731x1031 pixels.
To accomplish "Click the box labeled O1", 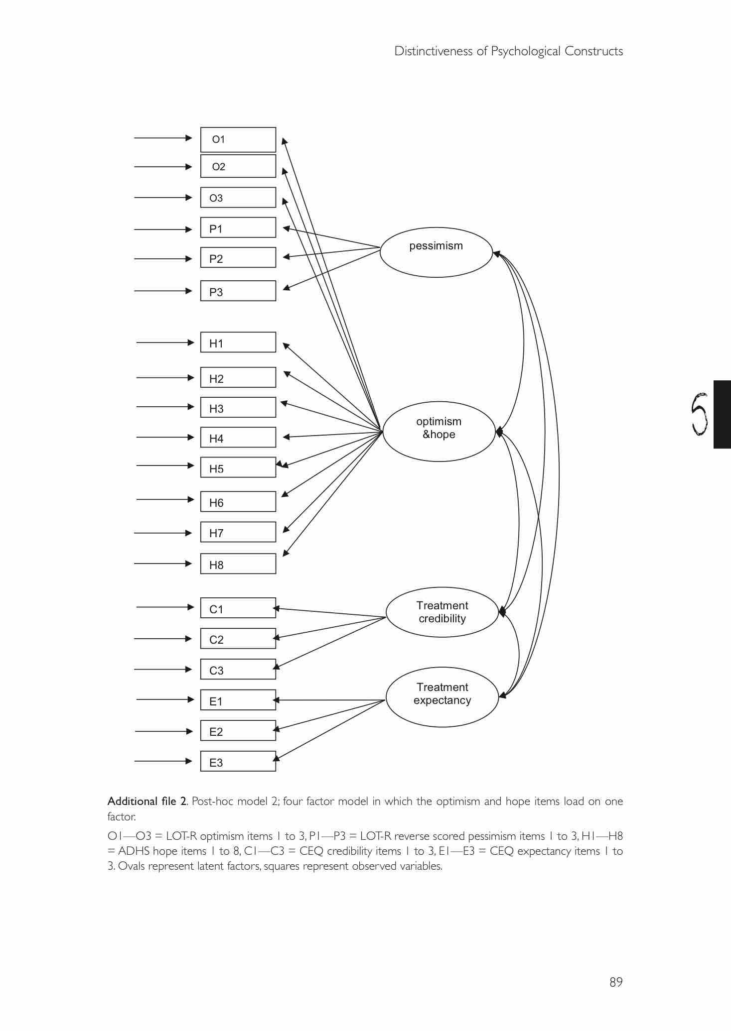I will tap(238, 139).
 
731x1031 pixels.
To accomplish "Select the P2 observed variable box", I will tap(238, 257).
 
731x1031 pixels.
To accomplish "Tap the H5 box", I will tap(238, 467).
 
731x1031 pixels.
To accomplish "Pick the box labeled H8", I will tap(238, 564).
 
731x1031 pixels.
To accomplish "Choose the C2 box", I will tap(238, 638).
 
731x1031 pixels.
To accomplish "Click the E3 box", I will tap(238, 761).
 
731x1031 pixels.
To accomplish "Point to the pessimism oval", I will tap(436, 252).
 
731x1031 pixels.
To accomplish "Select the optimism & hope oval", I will tap(439, 432).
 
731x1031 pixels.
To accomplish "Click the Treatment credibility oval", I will tap(442, 612).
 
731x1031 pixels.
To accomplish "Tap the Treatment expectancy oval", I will tap(442, 697).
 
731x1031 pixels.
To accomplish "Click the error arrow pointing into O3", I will tap(163, 198).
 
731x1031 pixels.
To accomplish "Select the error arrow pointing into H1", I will tap(165, 343).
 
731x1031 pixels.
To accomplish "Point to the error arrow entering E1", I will tap(165, 699).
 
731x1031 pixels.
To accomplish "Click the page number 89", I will tap(616, 982).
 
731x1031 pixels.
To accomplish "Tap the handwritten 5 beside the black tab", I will tap(700, 414).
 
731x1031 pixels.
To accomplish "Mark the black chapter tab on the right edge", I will tap(722, 414).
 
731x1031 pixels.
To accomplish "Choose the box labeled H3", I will tap(238, 407).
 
